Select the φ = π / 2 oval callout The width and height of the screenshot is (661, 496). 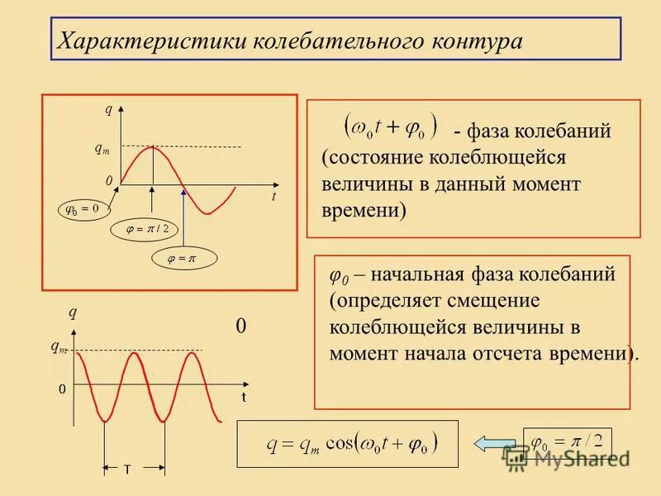click(145, 229)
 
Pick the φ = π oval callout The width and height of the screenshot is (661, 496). click(183, 259)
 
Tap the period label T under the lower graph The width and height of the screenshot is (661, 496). click(127, 470)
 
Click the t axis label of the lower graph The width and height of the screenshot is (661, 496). click(245, 398)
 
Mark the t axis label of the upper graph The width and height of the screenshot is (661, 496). click(273, 197)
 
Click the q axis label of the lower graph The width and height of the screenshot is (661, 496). click(73, 312)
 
